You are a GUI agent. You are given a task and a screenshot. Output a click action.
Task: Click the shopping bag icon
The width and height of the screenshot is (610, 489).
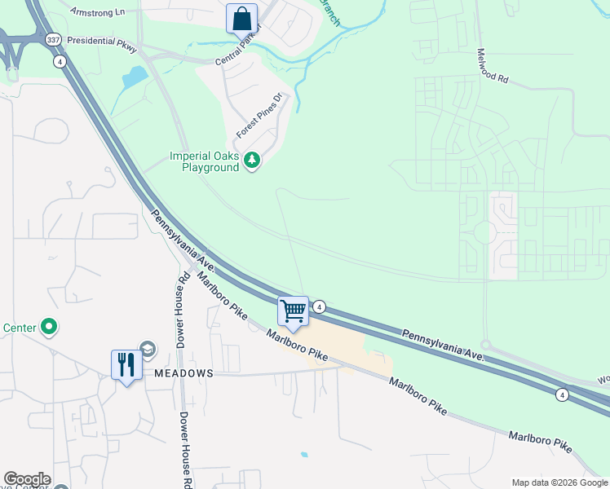tap(242, 18)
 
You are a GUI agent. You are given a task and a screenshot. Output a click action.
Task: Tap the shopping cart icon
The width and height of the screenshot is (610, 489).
tap(293, 311)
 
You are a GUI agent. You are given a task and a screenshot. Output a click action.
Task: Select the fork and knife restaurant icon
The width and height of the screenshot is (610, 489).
tap(126, 364)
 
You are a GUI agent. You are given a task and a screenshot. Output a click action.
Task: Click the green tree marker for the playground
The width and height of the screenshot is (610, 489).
tap(253, 161)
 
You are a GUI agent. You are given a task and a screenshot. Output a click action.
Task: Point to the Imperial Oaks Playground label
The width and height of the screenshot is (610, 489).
tap(205, 161)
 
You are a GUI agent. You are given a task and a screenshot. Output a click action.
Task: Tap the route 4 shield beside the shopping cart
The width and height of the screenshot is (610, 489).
tap(320, 306)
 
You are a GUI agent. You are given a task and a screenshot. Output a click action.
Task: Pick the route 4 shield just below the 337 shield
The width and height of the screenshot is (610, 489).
tap(60, 61)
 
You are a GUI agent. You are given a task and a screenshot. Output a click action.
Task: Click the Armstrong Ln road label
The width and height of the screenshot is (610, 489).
tap(102, 12)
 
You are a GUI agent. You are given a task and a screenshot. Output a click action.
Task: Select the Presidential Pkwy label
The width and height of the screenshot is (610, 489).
tap(103, 44)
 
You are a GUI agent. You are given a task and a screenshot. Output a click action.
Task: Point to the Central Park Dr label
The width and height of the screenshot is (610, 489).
tap(241, 51)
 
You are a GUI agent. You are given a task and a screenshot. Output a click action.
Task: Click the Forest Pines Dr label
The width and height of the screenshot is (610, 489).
tap(259, 116)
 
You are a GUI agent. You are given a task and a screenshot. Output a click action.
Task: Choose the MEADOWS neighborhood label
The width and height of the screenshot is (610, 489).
tap(183, 372)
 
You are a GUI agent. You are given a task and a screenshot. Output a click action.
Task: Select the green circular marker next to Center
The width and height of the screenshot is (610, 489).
tap(49, 328)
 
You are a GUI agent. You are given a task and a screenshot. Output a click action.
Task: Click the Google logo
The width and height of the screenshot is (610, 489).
tap(26, 479)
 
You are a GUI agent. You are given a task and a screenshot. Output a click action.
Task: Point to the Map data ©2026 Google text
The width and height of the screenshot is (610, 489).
tap(560, 482)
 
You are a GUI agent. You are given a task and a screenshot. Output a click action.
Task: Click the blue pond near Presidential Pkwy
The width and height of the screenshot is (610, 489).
tap(133, 78)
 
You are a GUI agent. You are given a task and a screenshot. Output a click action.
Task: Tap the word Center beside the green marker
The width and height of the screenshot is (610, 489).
tap(19, 328)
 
